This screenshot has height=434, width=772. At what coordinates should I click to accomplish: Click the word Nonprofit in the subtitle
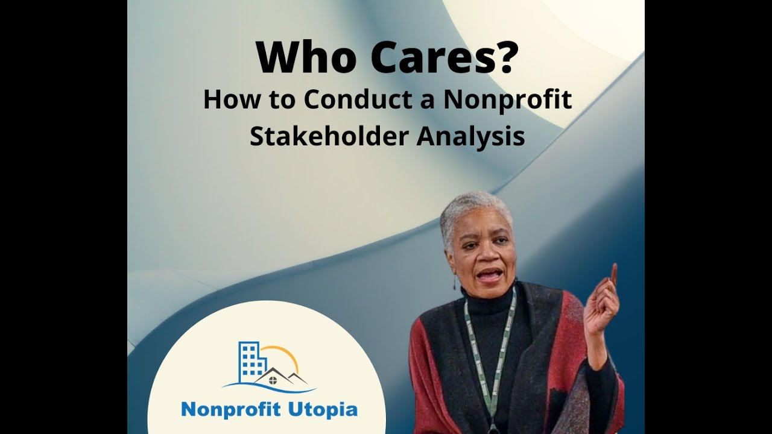coord(507,100)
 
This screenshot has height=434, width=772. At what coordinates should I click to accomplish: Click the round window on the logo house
coord(273,380)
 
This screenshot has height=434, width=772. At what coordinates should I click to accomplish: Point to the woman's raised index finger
coord(613,275)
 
